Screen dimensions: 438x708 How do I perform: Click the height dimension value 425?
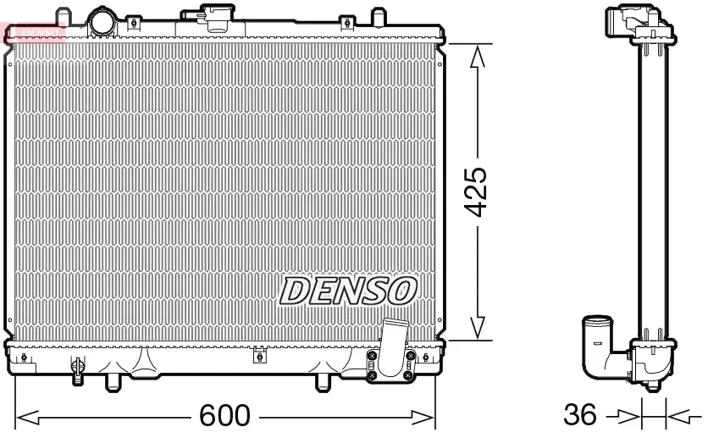(x=477, y=191)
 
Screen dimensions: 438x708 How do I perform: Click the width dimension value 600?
(x=224, y=416)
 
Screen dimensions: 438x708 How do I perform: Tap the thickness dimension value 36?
(x=580, y=416)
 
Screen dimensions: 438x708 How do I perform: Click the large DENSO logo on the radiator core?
(x=348, y=291)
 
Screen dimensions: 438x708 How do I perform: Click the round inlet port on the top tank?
(x=102, y=20)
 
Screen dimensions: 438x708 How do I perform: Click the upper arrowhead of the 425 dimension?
(x=478, y=56)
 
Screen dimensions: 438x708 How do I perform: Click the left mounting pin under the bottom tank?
(x=109, y=382)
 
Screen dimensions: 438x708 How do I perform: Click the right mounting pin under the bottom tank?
(x=322, y=382)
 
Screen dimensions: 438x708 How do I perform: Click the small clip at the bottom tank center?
(x=259, y=357)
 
